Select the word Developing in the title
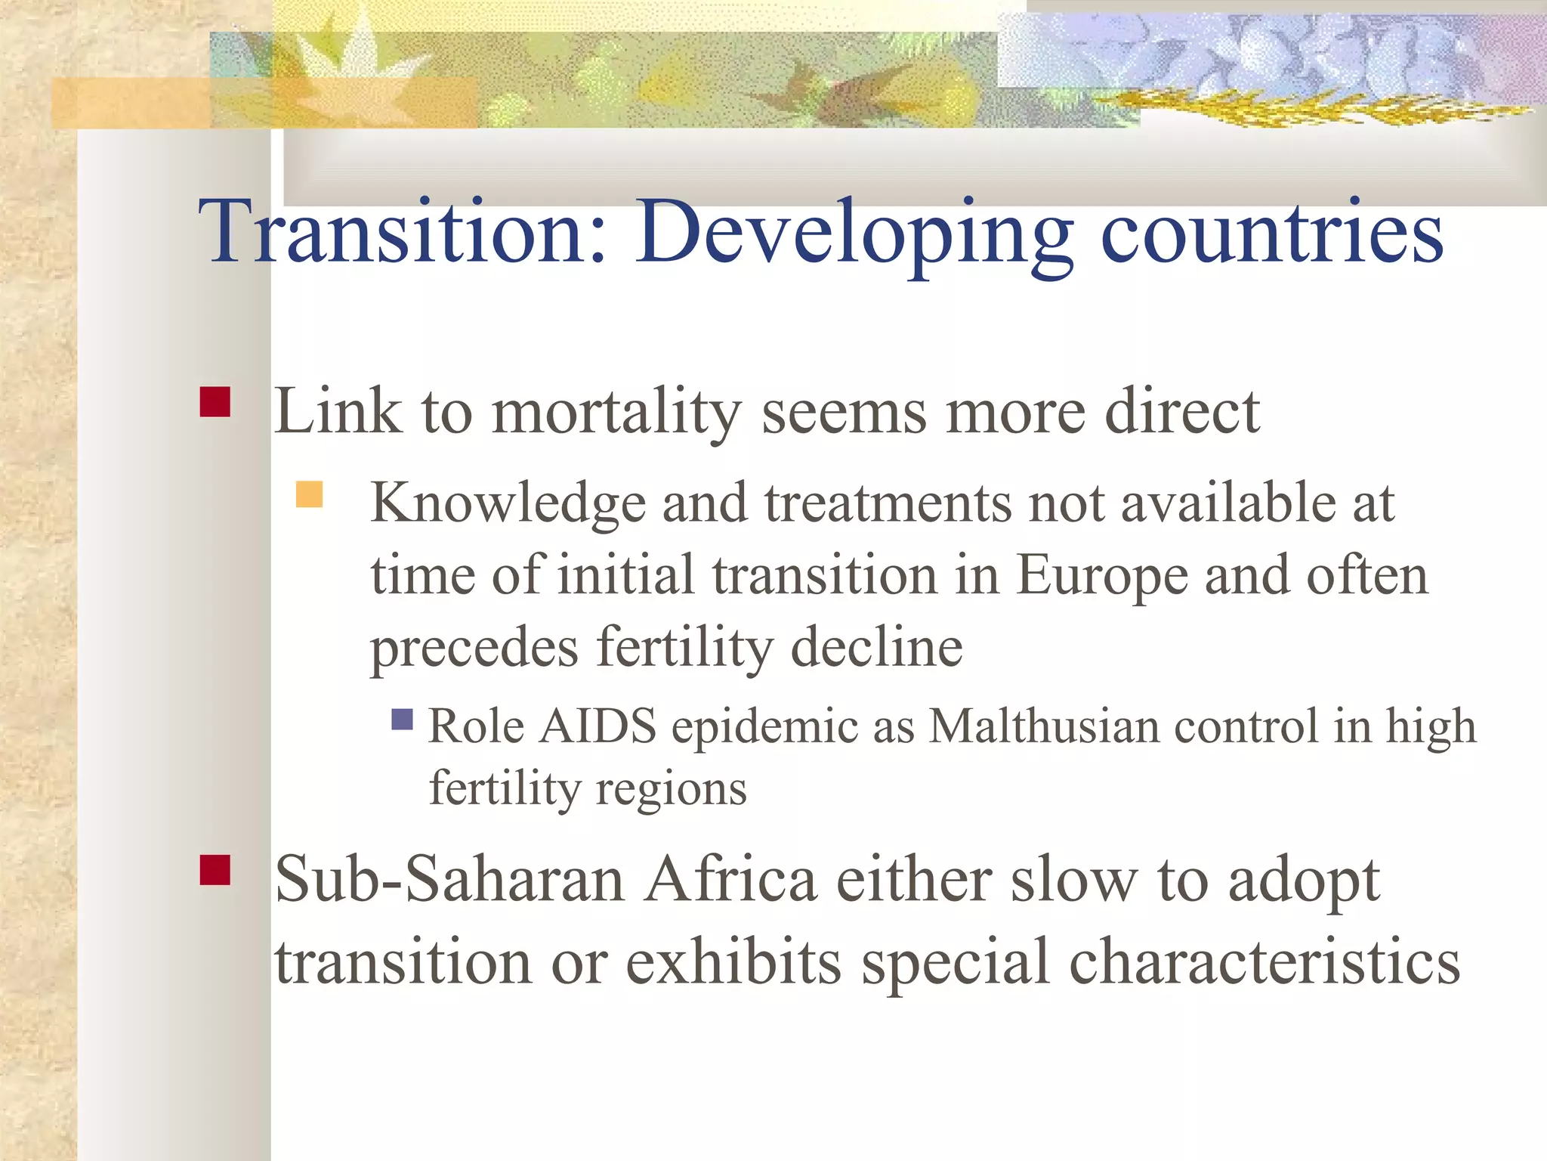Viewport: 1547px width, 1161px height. pos(854,233)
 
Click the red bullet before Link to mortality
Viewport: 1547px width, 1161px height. pos(215,402)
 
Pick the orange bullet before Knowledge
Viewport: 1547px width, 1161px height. pos(309,494)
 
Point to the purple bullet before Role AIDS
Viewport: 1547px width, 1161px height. pos(403,719)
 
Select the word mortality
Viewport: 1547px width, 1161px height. pos(616,412)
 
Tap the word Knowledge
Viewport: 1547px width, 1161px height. pos(508,503)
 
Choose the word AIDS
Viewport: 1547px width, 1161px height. pos(598,726)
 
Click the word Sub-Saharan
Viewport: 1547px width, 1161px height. pos(449,881)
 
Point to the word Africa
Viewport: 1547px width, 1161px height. pos(730,881)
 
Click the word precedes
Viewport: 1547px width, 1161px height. pos(474,648)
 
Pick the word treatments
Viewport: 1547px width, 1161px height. pos(888,503)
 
